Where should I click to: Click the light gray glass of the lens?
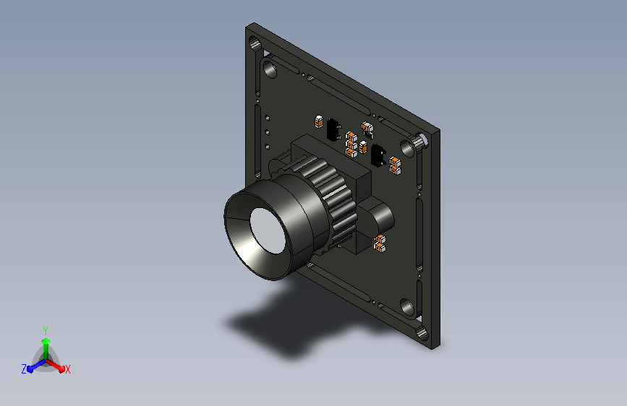(x=267, y=230)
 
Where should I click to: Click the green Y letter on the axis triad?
(x=46, y=331)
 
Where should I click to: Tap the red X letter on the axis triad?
(x=67, y=369)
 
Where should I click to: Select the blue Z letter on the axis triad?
(x=24, y=369)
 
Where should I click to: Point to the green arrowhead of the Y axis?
(x=46, y=341)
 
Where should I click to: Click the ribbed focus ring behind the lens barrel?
(x=336, y=200)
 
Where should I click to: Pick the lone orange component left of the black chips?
(x=319, y=121)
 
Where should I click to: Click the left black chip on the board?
(x=333, y=129)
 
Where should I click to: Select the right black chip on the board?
(x=378, y=155)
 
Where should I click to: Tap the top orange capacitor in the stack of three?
(x=351, y=137)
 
